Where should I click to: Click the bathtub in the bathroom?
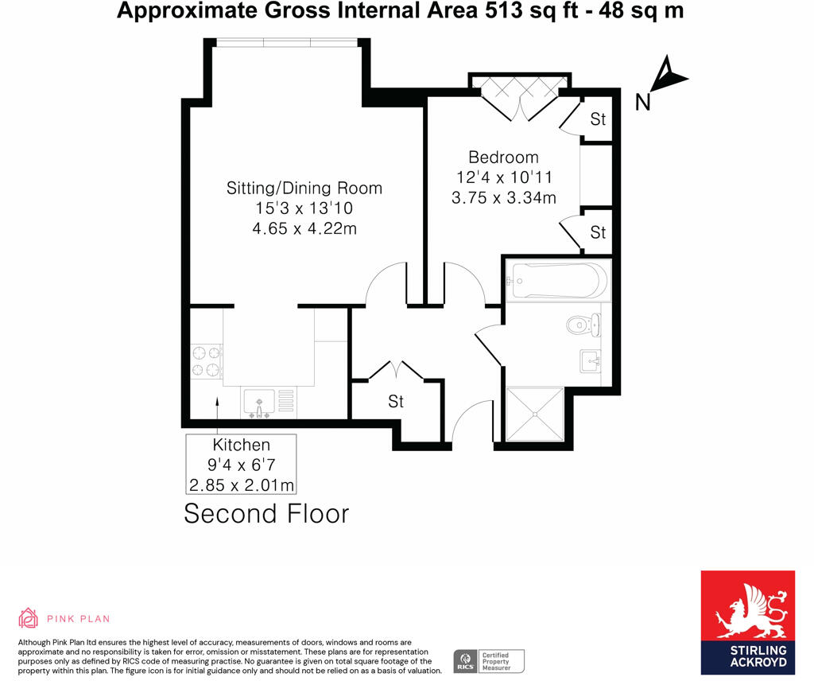tap(558, 279)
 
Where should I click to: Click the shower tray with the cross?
tap(534, 414)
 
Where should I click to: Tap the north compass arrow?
tap(664, 80)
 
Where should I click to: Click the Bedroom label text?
tap(503, 158)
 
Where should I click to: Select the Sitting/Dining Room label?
tap(304, 189)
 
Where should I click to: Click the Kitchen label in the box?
tap(241, 446)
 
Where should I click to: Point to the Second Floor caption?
tap(266, 513)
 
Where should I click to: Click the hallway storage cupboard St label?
tap(395, 402)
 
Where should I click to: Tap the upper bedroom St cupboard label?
tap(598, 119)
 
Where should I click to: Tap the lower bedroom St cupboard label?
tap(598, 232)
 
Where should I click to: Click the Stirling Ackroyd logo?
tap(747, 622)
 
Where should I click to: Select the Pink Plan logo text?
tap(78, 618)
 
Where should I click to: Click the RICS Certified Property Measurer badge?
tap(489, 660)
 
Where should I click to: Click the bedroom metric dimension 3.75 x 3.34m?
tap(503, 198)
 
